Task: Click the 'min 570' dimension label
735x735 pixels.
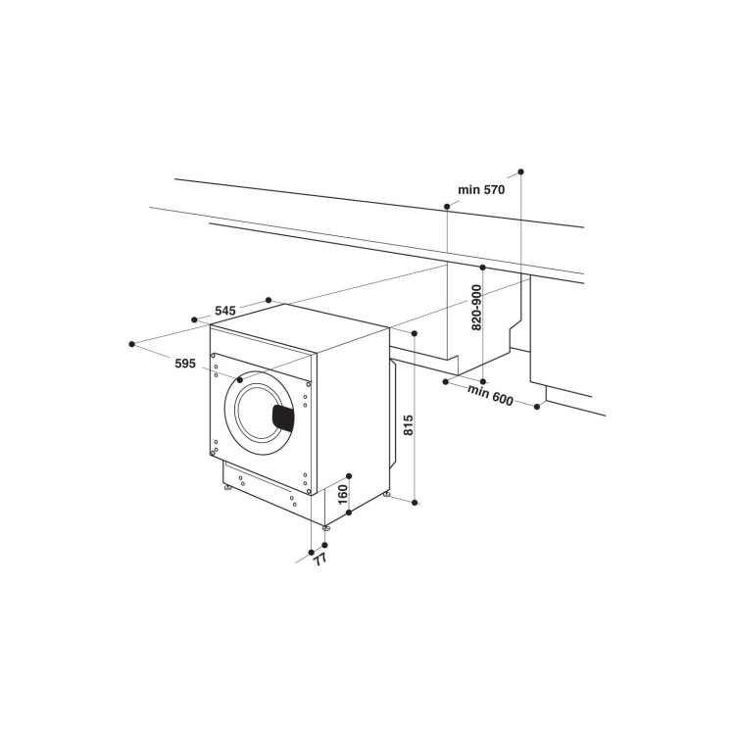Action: click(x=480, y=190)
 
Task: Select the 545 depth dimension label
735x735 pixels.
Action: click(x=224, y=311)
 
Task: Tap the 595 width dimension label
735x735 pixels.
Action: click(x=186, y=363)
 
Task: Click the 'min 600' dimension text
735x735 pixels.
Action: click(x=490, y=393)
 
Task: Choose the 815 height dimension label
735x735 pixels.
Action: click(x=409, y=424)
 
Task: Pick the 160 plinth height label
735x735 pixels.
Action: click(x=343, y=493)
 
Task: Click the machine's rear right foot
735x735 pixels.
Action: click(x=388, y=495)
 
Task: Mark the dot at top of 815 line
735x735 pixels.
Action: click(x=416, y=333)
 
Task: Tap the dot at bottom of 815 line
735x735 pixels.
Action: click(x=416, y=503)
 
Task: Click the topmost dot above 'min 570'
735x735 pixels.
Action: click(x=521, y=171)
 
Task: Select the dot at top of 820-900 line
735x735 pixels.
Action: click(x=483, y=266)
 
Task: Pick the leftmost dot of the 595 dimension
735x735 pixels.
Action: click(x=131, y=344)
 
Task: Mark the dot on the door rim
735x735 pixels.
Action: click(x=239, y=379)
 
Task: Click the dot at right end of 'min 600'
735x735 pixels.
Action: click(x=537, y=406)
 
